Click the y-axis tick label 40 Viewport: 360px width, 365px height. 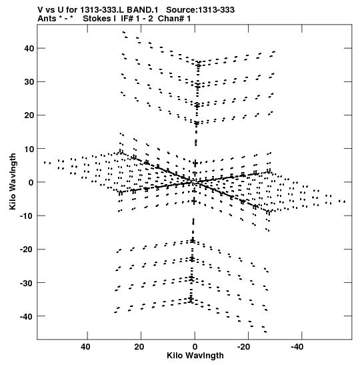coord(29,49)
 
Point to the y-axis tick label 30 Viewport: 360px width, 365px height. coord(29,81)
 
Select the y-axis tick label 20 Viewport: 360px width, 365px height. coord(29,115)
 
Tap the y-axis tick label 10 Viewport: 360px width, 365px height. coord(29,149)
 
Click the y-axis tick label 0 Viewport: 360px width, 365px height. coord(31,182)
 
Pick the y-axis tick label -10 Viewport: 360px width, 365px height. coord(27,216)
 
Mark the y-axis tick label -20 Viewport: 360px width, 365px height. coord(27,250)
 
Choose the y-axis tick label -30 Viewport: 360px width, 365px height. coord(27,283)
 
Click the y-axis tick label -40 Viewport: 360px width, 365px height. coord(27,316)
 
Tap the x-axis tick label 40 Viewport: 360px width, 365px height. coord(85,347)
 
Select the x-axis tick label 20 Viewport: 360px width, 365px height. coord(139,347)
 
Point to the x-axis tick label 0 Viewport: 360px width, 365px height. coord(195,347)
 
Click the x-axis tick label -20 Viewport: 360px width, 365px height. coord(244,347)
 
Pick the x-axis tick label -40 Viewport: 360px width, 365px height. coord(297,347)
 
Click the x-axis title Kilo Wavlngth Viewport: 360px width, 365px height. coord(195,356)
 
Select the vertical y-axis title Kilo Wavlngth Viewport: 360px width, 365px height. coord(13,181)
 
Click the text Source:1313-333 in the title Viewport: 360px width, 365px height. coord(200,10)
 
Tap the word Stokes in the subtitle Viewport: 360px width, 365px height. coord(99,19)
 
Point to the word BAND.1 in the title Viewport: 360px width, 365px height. coord(143,10)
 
